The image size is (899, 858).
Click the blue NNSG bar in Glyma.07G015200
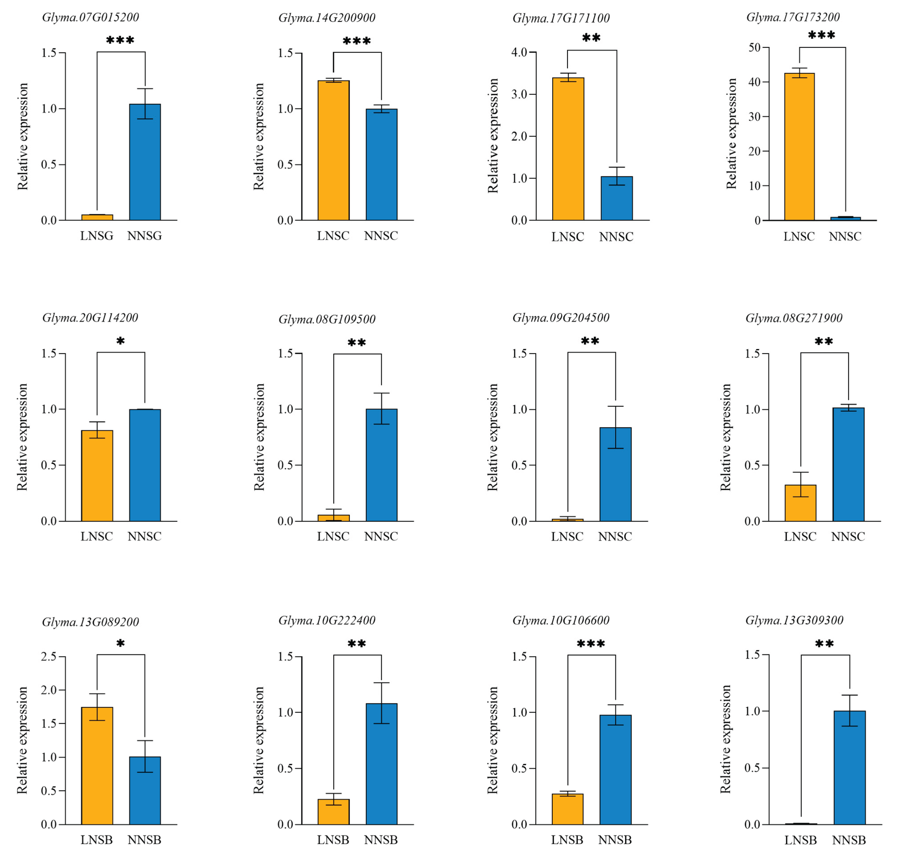point(145,162)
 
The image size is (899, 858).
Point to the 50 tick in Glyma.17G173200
point(754,48)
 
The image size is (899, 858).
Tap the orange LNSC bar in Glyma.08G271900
point(800,503)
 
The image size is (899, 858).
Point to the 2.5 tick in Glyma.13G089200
point(49,657)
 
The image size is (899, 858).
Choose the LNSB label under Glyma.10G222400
point(333,840)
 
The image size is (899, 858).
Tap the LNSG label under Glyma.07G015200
point(97,236)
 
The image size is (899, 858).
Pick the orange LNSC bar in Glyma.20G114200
point(97,476)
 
